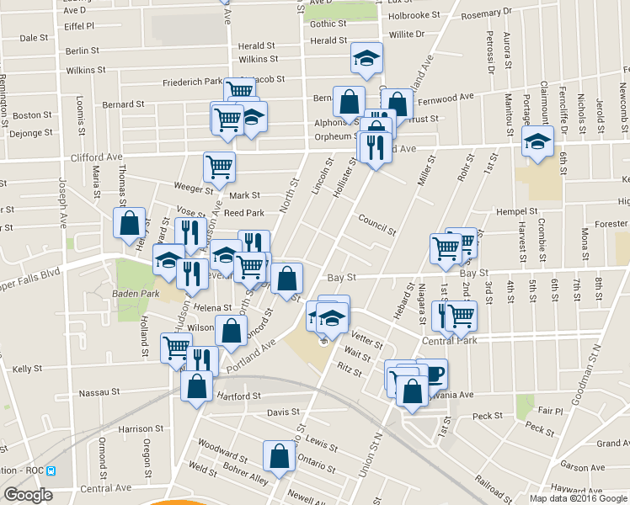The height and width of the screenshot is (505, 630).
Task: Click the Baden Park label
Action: (x=129, y=294)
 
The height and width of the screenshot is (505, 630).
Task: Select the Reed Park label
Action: (x=244, y=214)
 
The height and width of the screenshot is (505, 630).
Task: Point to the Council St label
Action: (x=376, y=225)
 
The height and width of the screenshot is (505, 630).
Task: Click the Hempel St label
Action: (x=517, y=211)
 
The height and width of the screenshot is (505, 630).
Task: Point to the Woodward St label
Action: (x=222, y=450)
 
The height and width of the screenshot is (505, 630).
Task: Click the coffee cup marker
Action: (x=432, y=371)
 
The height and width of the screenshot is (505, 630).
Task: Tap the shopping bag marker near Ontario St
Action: (x=279, y=455)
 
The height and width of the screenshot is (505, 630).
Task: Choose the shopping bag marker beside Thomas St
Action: (x=129, y=223)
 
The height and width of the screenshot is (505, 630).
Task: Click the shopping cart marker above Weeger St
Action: (x=219, y=167)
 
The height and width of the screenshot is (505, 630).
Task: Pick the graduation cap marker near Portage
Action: (x=537, y=141)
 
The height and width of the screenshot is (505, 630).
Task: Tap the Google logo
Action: (x=28, y=495)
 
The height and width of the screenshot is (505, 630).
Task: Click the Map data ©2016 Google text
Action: (x=577, y=498)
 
